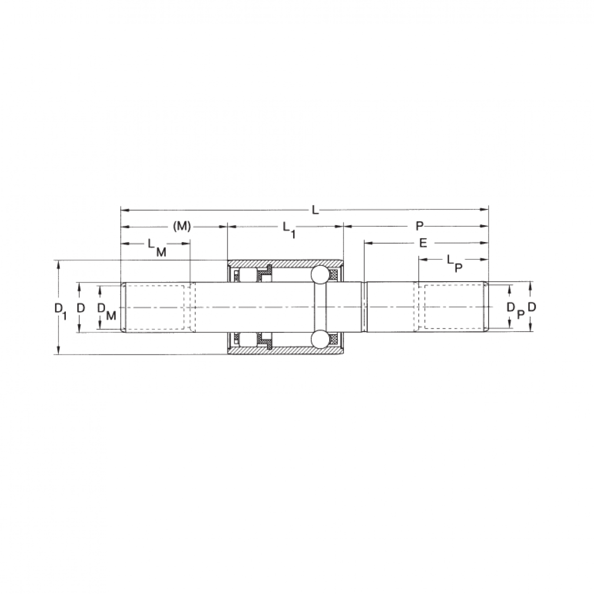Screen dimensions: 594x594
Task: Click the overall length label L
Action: coord(314,210)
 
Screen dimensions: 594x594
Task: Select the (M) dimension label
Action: coord(182,227)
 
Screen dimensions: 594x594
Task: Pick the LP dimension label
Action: coord(454,262)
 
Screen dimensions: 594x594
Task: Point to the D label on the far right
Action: coord(532,307)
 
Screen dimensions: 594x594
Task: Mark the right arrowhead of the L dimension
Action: coord(485,210)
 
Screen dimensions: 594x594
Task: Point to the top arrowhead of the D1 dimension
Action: coord(59,264)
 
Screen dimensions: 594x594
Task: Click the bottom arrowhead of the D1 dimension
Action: coord(59,351)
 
